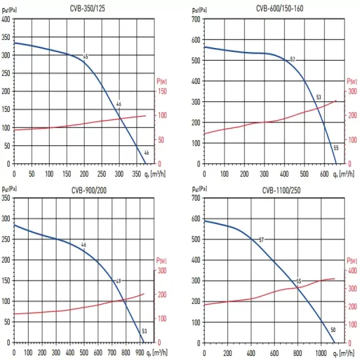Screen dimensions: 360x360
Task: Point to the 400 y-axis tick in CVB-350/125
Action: [x=6, y=19]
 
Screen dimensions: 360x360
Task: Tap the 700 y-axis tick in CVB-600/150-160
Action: [x=196, y=19]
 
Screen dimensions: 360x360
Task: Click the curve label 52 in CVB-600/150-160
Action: [x=293, y=59]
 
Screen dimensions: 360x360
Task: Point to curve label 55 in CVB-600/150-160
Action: [x=336, y=147]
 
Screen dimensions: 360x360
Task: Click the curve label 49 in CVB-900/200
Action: [x=118, y=281]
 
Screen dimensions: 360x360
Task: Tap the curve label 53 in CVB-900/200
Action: [x=145, y=331]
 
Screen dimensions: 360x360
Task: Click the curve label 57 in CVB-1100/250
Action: [x=261, y=239]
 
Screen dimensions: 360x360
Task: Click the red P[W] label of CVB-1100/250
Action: [x=351, y=261]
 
